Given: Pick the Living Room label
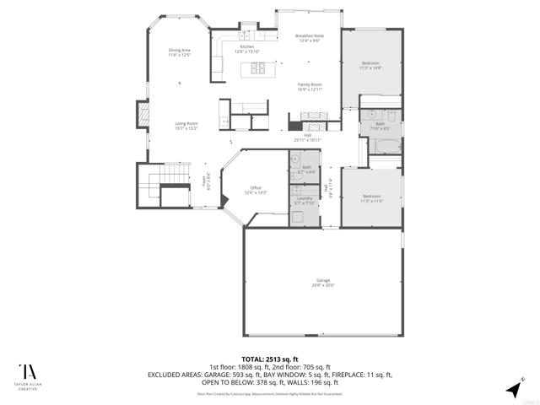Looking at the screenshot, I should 186,126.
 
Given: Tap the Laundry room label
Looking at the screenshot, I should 304,200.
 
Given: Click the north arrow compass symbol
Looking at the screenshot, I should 513,387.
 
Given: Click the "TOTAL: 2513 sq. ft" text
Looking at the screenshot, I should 269,358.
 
